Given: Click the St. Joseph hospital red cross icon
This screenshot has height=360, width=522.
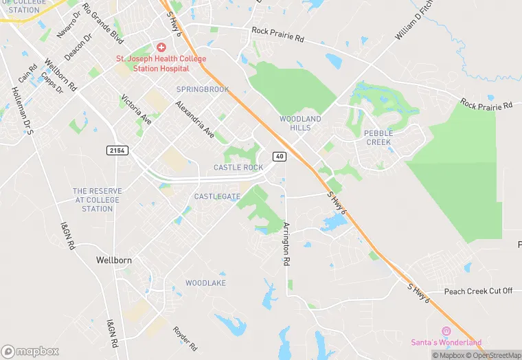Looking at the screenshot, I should point(161,47).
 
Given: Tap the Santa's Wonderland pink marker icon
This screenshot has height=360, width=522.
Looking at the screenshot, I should point(446,331).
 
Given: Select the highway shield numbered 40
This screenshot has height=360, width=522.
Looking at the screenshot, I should point(279,157).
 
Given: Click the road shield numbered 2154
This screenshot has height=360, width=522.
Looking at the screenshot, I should point(118,150).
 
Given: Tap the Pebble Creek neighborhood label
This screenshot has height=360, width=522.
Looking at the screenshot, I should point(377,137).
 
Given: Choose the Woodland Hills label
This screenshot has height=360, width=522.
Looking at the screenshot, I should point(300,124).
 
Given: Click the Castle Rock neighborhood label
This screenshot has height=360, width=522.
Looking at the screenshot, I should point(238,168).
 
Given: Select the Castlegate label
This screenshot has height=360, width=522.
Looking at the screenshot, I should point(217,196).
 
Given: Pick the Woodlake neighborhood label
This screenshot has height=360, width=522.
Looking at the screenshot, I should point(205,283).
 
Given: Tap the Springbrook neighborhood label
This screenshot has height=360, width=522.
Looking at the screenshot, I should point(203,90).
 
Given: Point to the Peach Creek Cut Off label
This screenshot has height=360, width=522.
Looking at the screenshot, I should point(478,291).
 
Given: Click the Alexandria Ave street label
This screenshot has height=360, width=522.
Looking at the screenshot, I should point(194,118).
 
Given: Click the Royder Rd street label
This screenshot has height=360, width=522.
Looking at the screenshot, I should point(185,338).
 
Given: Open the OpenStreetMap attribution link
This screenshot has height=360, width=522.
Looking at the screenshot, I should point(493,355).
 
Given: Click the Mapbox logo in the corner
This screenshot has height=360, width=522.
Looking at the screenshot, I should point(30,351).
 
